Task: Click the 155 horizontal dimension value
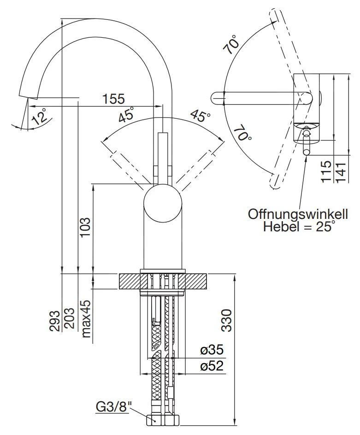(113, 99)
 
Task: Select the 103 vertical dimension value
(86, 228)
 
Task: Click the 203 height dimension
(70, 318)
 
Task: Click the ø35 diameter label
(212, 350)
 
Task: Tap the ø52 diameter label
(212, 366)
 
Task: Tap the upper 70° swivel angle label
(233, 45)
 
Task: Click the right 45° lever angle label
(200, 116)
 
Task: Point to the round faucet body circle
(163, 203)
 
